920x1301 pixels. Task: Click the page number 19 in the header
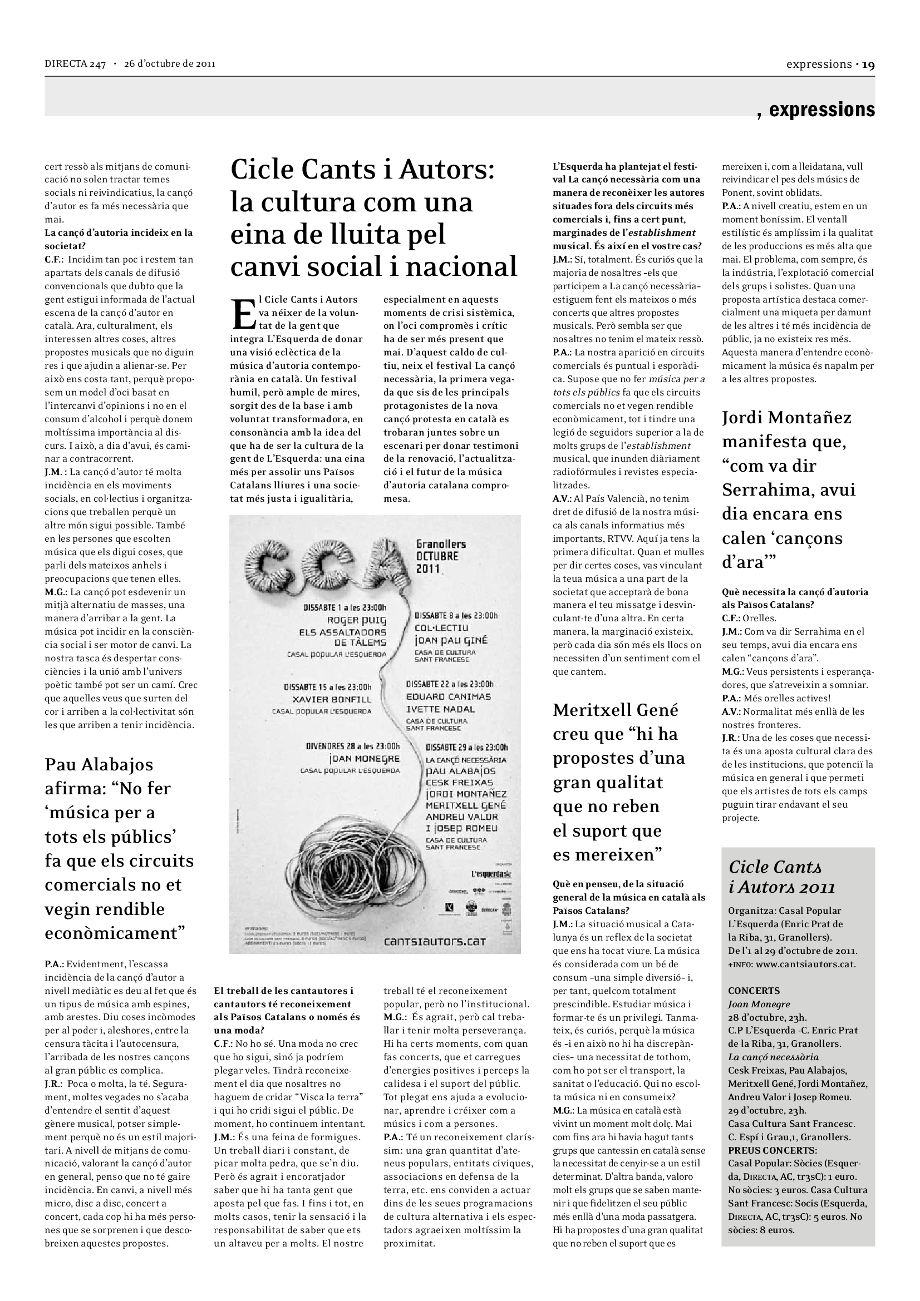pyautogui.click(x=868, y=65)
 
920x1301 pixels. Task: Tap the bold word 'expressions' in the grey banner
pyautogui.click(x=821, y=110)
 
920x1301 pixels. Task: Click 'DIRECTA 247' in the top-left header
pyautogui.click(x=75, y=64)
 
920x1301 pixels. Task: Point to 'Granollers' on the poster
pyautogui.click(x=441, y=544)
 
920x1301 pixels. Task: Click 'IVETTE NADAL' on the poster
pyautogui.click(x=440, y=709)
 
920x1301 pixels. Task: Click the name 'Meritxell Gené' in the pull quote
pyautogui.click(x=616, y=710)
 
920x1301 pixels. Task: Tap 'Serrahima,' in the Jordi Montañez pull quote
pyautogui.click(x=789, y=489)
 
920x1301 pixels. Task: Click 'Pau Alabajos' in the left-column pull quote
pyautogui.click(x=99, y=764)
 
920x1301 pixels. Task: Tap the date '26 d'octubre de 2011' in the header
pyautogui.click(x=170, y=64)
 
